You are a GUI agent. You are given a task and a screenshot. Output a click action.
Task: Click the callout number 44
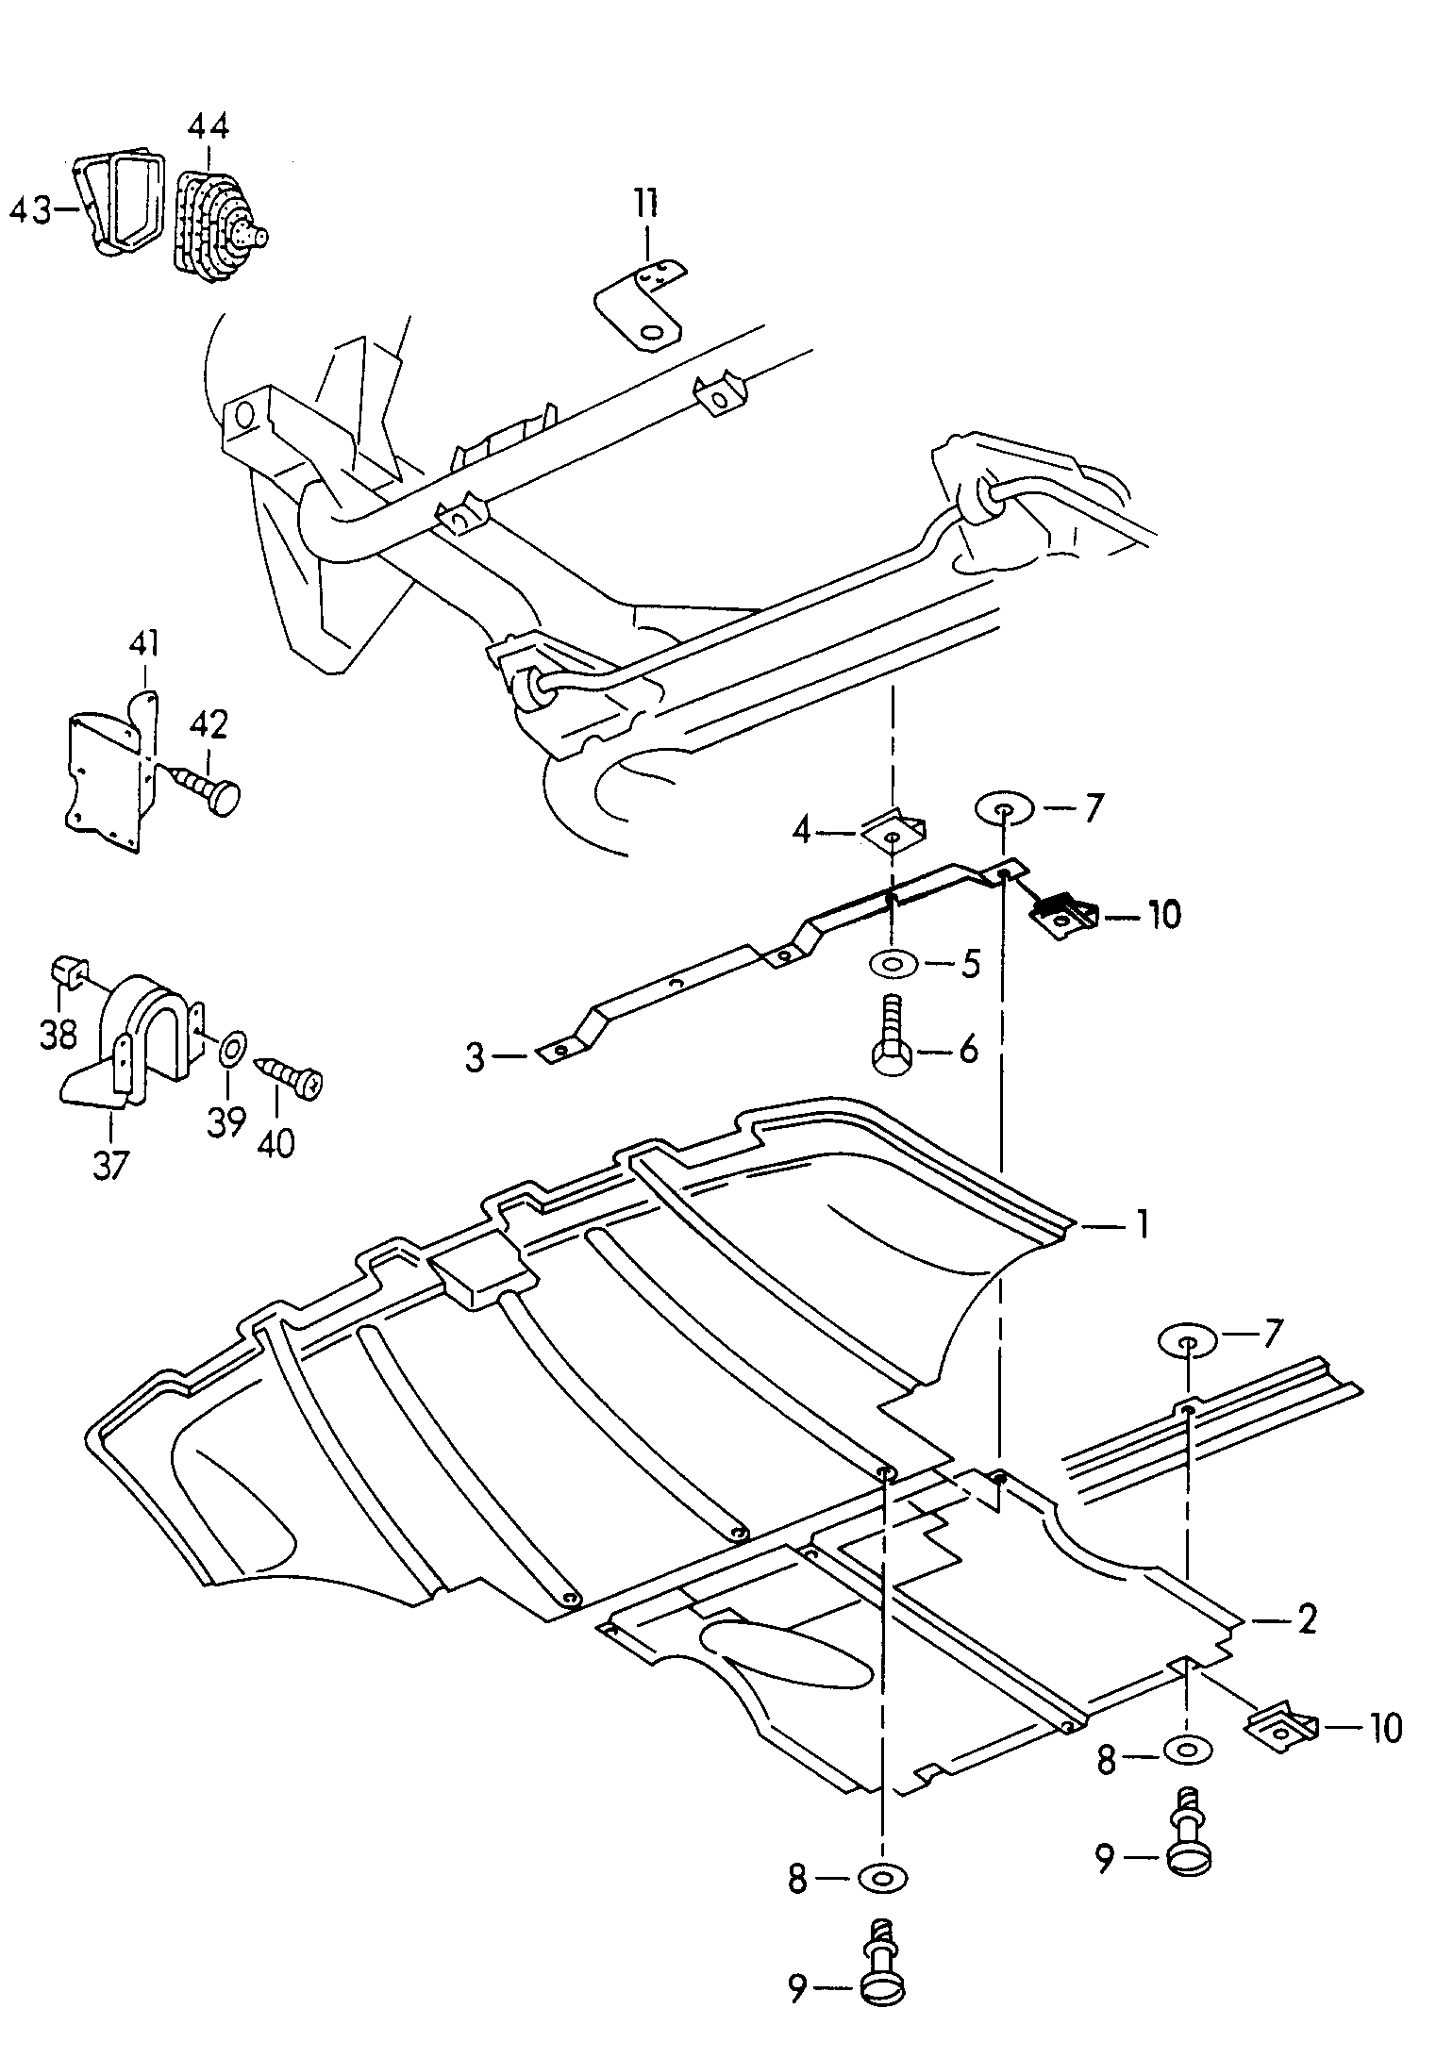(x=208, y=126)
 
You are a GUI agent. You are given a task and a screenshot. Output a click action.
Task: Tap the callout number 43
(x=30, y=210)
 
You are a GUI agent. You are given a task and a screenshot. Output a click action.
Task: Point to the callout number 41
(x=143, y=646)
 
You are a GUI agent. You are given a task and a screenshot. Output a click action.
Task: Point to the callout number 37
(x=110, y=1166)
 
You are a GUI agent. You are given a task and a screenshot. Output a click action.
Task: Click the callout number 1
(x=1142, y=1225)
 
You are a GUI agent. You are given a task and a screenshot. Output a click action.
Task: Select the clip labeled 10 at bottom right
(x=1281, y=1727)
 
